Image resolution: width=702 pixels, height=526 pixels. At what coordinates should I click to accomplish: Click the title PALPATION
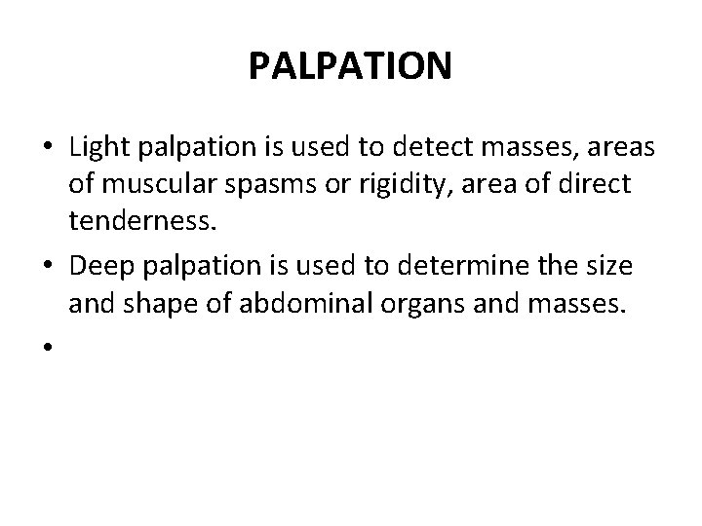pos(350,67)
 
